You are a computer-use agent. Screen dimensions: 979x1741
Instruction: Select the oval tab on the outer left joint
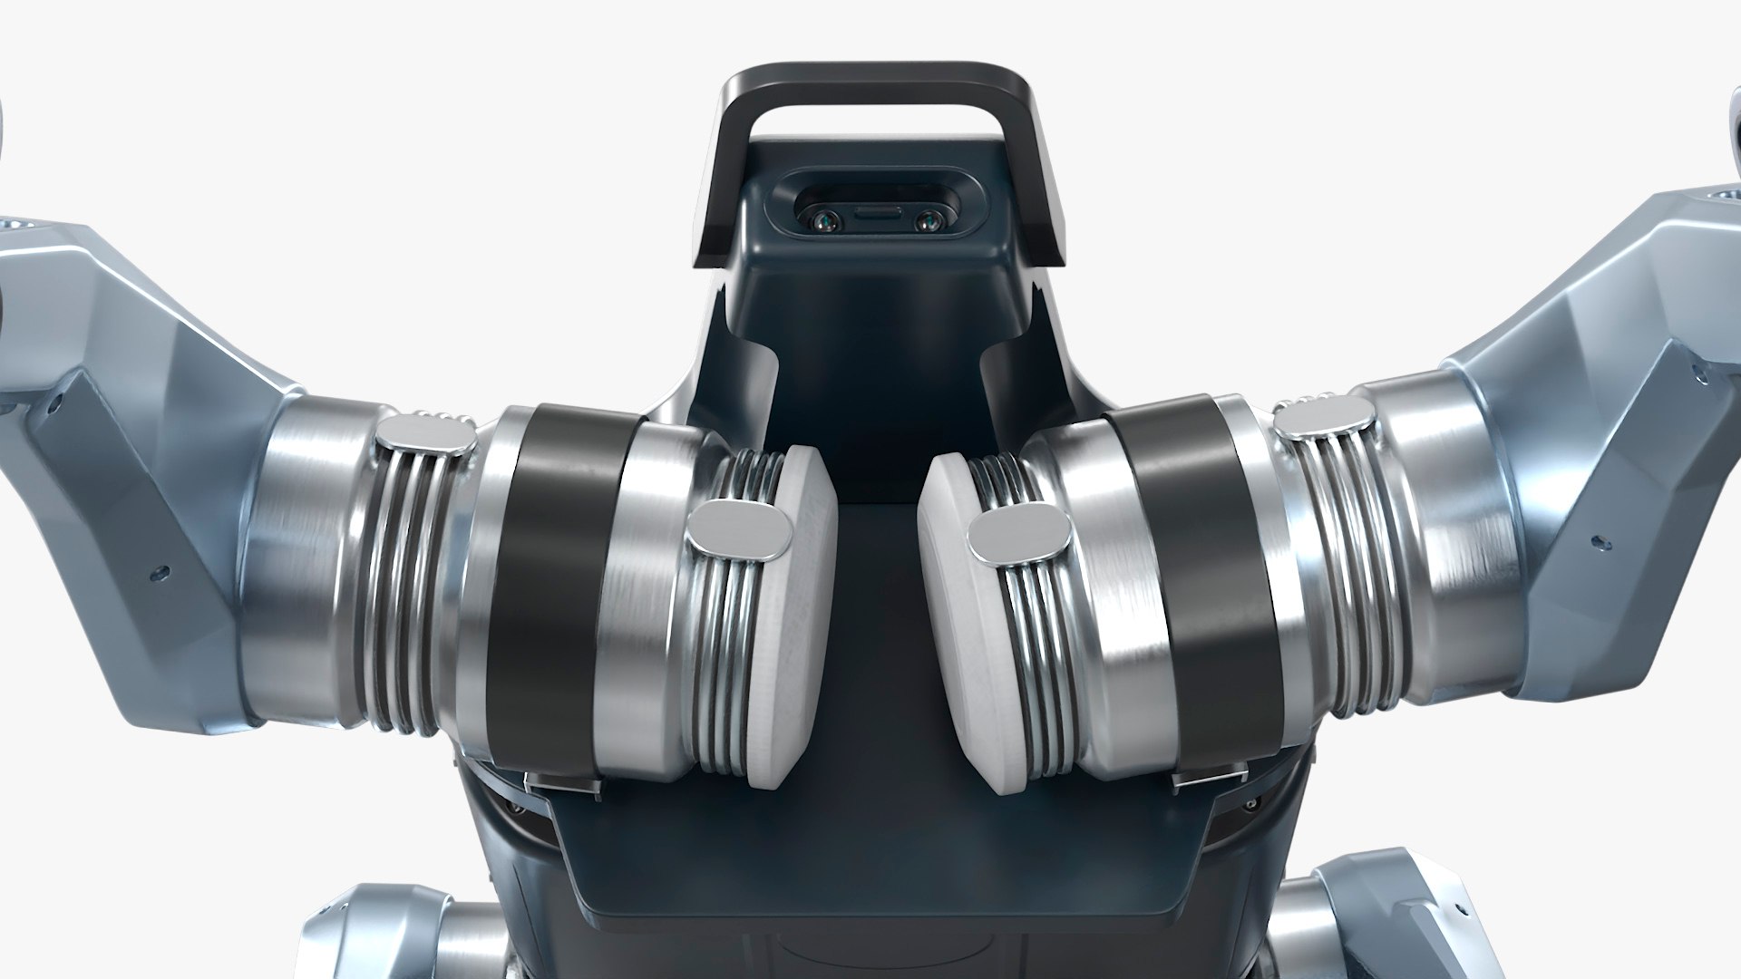425,436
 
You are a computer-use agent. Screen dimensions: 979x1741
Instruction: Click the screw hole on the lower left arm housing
161,572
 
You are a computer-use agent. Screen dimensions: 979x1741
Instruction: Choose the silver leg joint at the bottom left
381,934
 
